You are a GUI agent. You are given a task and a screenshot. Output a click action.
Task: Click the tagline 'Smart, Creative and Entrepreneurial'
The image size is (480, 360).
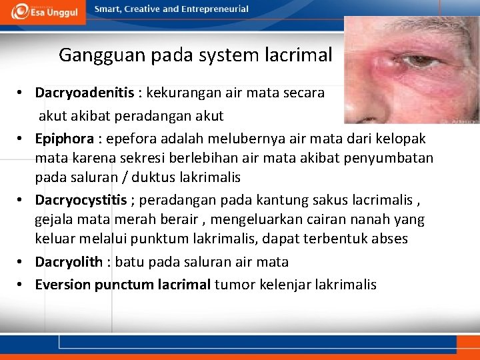click(x=171, y=9)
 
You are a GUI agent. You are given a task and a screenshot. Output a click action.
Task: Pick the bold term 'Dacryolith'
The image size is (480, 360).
click(x=69, y=262)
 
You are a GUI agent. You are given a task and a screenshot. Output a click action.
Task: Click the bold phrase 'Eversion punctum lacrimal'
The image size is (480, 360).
click(x=123, y=285)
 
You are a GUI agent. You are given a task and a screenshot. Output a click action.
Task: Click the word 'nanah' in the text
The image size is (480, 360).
click(x=369, y=219)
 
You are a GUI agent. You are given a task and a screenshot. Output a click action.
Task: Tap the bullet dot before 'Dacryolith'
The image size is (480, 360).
click(x=22, y=262)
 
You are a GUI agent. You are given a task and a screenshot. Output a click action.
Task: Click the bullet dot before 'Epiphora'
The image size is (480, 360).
click(x=22, y=139)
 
